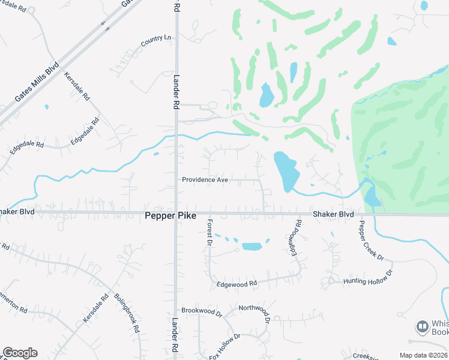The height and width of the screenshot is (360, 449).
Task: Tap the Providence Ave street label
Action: click(205, 180)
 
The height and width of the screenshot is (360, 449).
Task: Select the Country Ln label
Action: click(155, 41)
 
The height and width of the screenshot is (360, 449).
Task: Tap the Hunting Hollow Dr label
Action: click(367, 277)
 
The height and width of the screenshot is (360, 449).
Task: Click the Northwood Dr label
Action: click(255, 308)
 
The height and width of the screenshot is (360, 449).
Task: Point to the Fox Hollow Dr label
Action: click(224, 347)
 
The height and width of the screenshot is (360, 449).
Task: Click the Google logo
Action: click(20, 353)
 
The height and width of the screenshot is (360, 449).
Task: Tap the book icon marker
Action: click(422, 327)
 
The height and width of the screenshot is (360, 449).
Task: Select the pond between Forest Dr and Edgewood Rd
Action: click(252, 247)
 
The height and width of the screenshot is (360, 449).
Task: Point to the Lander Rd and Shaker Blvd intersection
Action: click(176, 212)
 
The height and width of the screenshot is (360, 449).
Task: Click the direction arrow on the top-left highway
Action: click(106, 26)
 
